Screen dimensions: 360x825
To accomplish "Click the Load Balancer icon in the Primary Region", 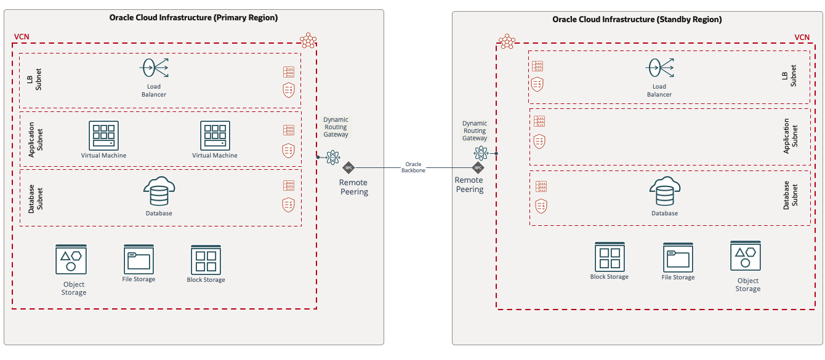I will coord(154,68).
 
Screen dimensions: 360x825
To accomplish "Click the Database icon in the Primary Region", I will coord(159,192).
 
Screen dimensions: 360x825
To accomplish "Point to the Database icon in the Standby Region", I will coord(664,192).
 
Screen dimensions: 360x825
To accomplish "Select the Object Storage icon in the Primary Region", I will coord(71,260).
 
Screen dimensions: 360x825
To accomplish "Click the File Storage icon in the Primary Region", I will coord(139,258).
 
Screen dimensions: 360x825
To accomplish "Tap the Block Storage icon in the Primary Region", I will coord(206,260).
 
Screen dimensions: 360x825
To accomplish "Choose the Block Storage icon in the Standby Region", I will coord(610,256).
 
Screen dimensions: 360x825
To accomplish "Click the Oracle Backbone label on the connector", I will coord(413,167).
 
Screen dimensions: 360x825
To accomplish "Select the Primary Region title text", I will coord(193,18).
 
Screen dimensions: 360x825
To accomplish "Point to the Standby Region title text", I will coord(637,19).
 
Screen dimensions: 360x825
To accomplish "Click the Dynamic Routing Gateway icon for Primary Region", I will coord(332,157).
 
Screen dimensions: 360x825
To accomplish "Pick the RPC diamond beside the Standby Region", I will coord(478,167).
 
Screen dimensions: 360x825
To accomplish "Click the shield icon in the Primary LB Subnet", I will coord(288,89).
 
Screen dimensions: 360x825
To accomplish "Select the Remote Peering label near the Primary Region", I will coord(354,187).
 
